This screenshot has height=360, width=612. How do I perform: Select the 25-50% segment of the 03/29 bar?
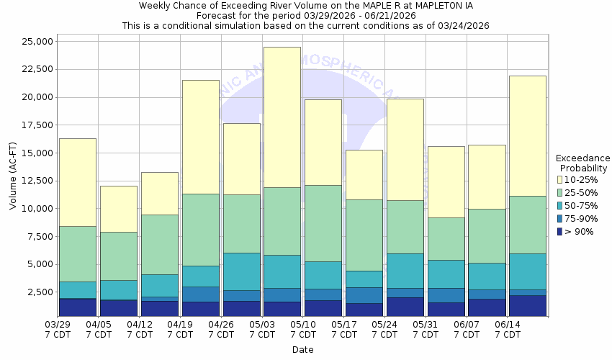click(x=77, y=253)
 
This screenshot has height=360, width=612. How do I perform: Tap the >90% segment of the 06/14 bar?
click(x=527, y=305)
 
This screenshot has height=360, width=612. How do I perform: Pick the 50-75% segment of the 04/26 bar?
click(x=241, y=271)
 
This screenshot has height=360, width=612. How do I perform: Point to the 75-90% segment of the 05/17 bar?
click(x=364, y=295)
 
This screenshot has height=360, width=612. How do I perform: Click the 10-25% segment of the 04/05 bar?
click(x=118, y=209)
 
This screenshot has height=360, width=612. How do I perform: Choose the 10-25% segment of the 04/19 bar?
click(x=200, y=137)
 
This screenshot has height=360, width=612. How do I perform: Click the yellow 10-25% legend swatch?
click(x=560, y=179)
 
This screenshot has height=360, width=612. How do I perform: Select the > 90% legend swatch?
click(x=560, y=231)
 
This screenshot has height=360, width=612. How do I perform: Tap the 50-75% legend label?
click(x=580, y=205)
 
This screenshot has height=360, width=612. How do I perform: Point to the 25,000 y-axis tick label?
click(x=33, y=42)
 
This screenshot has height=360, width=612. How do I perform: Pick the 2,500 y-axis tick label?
click(x=36, y=292)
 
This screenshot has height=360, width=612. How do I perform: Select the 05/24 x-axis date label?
click(x=385, y=330)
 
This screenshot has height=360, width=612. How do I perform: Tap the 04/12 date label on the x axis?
click(x=140, y=330)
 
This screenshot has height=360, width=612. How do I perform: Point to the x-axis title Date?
click(x=302, y=350)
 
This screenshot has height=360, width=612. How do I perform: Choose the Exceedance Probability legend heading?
click(x=582, y=163)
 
